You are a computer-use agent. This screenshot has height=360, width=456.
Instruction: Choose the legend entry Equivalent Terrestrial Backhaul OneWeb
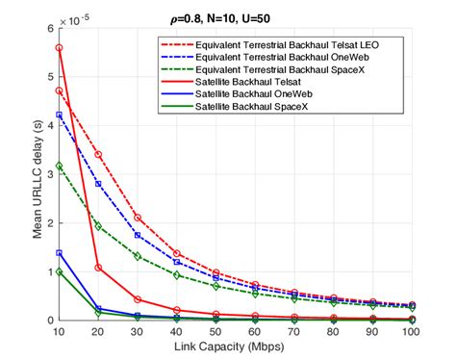298,57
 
